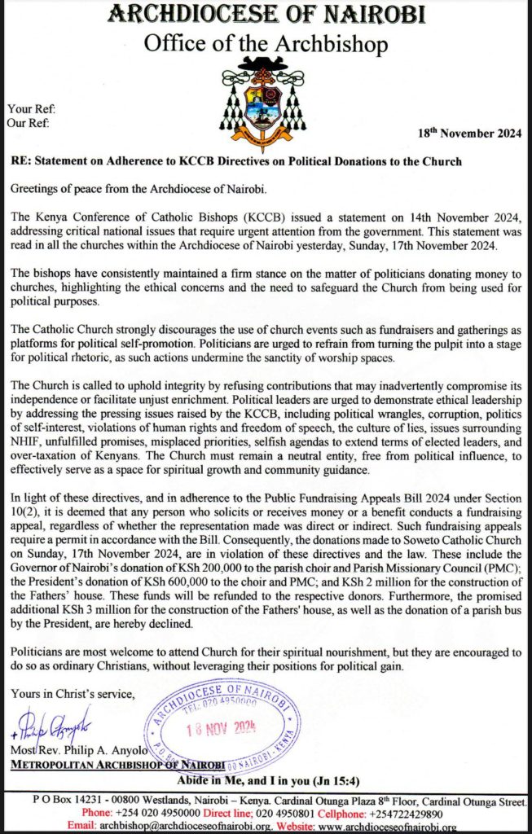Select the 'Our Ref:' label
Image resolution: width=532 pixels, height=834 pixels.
(x=28, y=123)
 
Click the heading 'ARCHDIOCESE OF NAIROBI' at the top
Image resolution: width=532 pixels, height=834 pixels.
(x=266, y=15)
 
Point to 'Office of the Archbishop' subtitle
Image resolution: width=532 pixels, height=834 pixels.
(x=266, y=45)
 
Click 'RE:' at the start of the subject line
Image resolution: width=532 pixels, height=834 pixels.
(x=23, y=161)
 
